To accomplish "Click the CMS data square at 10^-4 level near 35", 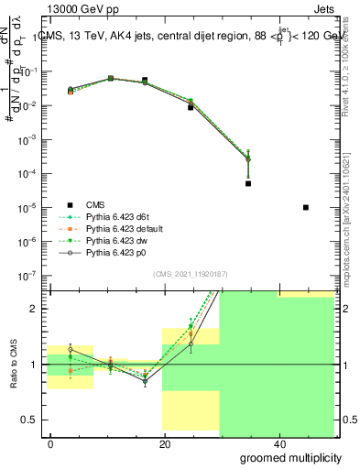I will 248,183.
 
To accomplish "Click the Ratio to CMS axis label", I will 14,365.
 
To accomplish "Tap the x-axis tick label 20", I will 164,443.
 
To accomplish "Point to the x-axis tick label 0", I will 51,443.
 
